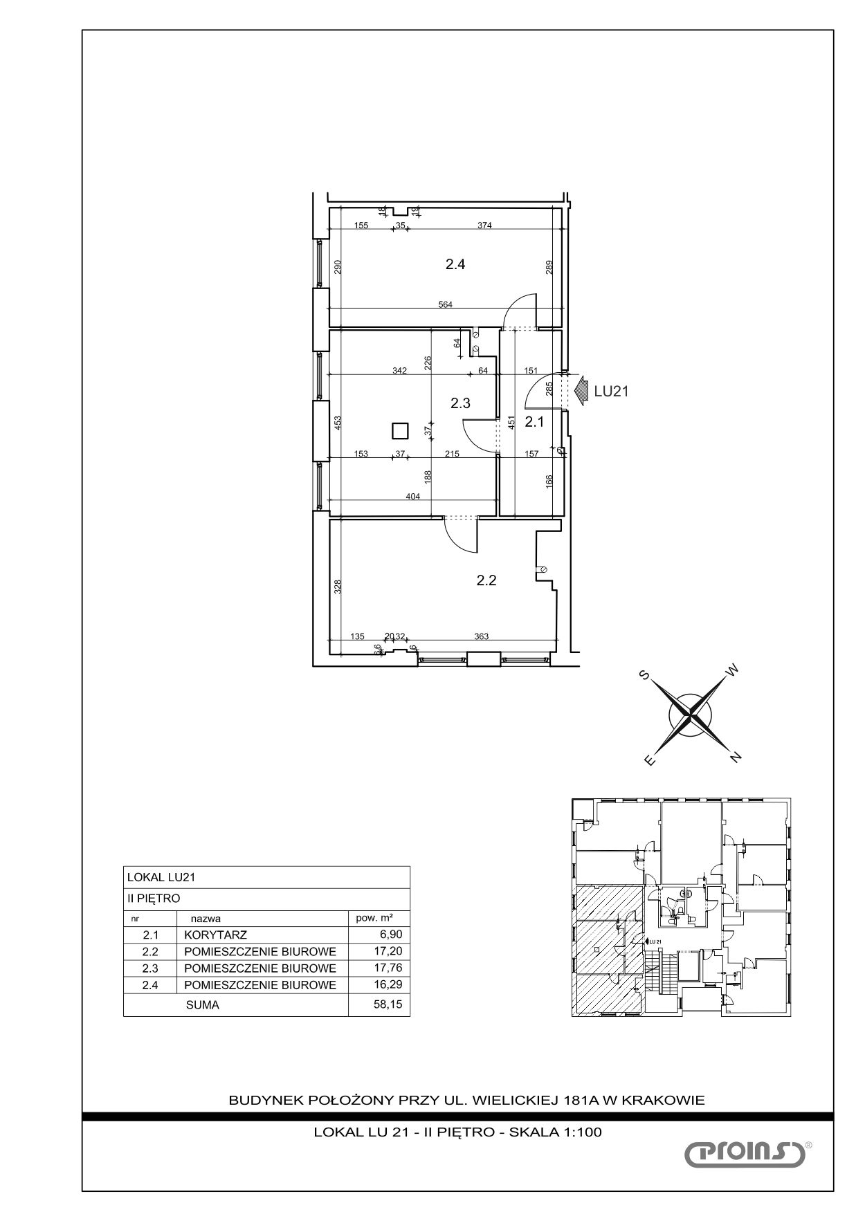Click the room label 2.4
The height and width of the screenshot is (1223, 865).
[455, 264]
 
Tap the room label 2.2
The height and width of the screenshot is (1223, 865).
[486, 581]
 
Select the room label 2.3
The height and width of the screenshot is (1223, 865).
[460, 403]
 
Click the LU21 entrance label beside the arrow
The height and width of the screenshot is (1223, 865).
[611, 392]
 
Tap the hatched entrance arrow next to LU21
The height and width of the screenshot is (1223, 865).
[580, 389]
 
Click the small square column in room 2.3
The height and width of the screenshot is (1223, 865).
[400, 431]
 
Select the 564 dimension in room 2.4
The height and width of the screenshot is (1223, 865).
[446, 304]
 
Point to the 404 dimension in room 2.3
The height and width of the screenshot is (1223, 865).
[414, 497]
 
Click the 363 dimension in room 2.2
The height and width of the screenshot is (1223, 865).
[482, 636]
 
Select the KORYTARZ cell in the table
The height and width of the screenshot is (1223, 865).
[215, 935]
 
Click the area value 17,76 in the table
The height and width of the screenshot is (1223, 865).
[388, 968]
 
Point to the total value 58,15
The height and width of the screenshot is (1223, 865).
[388, 1004]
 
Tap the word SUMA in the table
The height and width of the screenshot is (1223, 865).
[202, 1005]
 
